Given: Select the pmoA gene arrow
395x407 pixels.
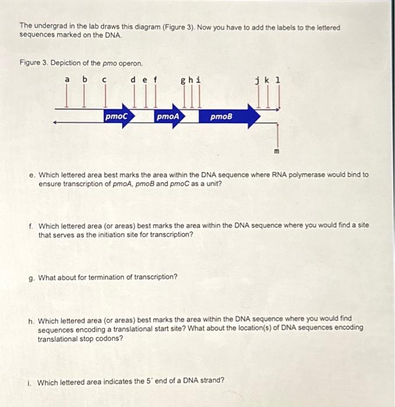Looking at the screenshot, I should coord(169,117).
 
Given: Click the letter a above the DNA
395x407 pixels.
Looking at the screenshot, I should coord(67,79).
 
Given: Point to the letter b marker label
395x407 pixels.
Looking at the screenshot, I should coord(85,79).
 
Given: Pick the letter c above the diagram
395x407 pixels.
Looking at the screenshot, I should coord(104,79).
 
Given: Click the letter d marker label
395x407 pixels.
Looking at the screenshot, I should coord(133,79).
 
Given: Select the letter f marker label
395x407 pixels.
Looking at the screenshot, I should coord(155,79).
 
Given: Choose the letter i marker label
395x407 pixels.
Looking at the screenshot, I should coord(200,79).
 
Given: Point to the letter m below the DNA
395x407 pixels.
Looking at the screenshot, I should coord(277,152).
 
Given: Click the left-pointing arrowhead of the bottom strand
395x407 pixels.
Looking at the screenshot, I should coord(55,123).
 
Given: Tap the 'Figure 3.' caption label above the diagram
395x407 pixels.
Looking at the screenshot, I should coord(33,63).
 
